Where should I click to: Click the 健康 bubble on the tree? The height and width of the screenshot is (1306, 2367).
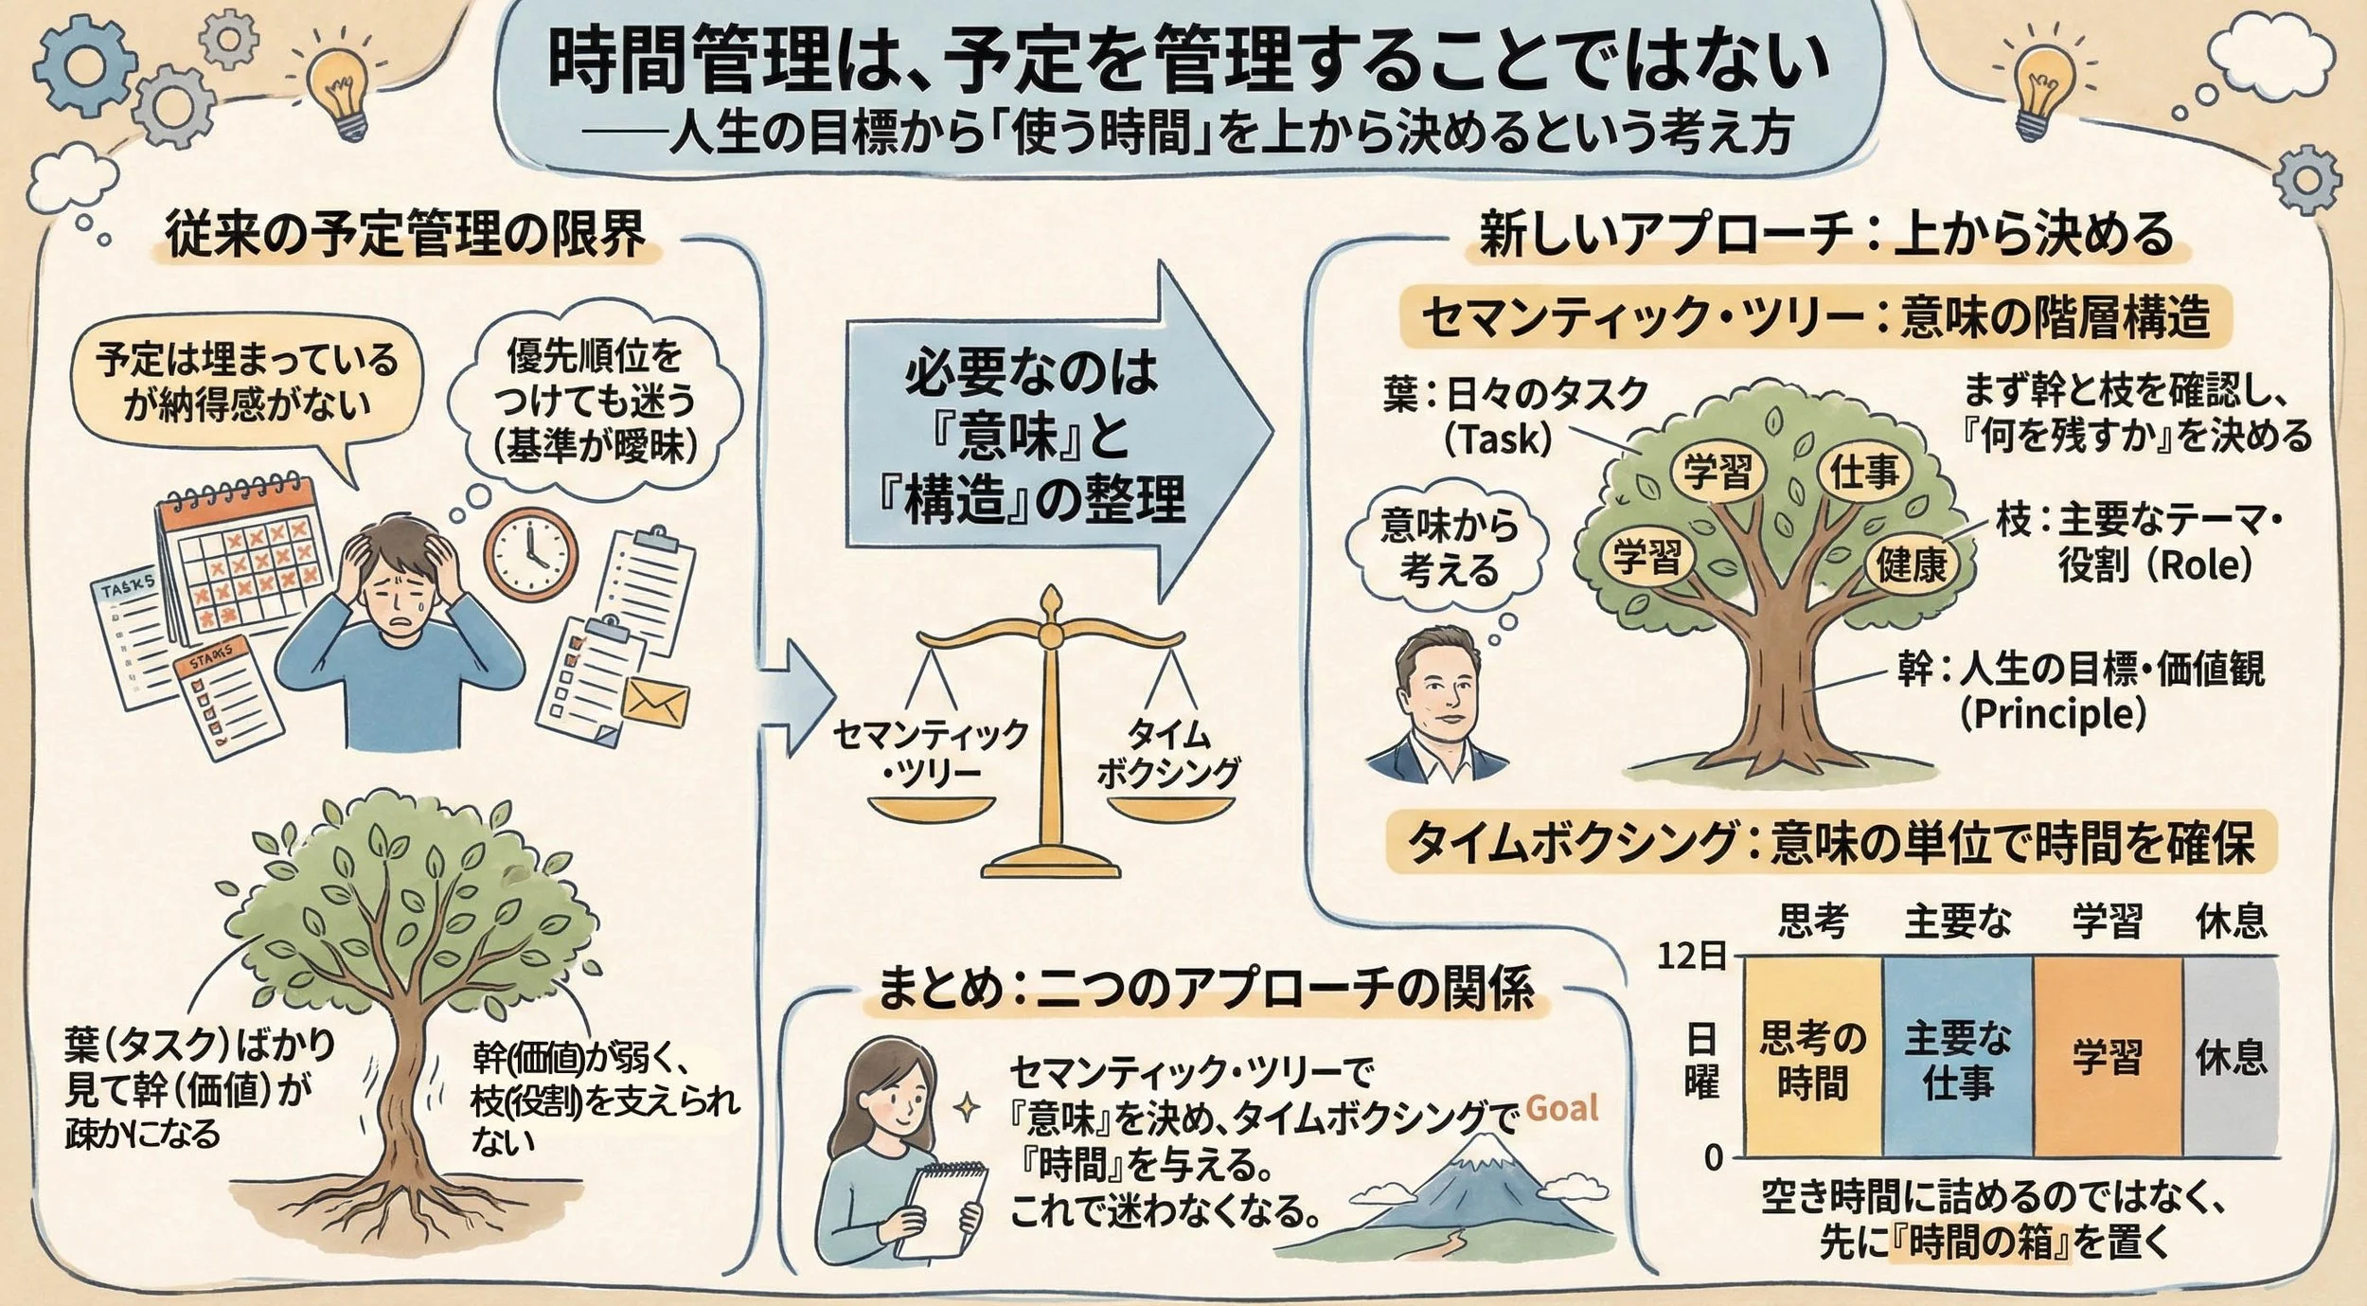click(1913, 565)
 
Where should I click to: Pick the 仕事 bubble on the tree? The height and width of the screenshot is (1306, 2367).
click(1864, 471)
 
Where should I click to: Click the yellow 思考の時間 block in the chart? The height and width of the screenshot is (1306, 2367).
click(1812, 1058)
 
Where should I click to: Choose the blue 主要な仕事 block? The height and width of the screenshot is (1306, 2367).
click(1957, 1058)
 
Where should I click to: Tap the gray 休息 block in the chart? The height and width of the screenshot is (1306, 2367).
click(2231, 1058)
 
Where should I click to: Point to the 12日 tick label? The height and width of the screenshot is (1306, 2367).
click(1691, 957)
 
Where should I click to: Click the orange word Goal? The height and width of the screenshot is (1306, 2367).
click(1562, 1107)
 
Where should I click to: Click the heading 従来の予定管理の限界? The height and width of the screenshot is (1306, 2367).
click(405, 234)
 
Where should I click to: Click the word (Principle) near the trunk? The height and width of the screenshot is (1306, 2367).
click(2053, 713)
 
